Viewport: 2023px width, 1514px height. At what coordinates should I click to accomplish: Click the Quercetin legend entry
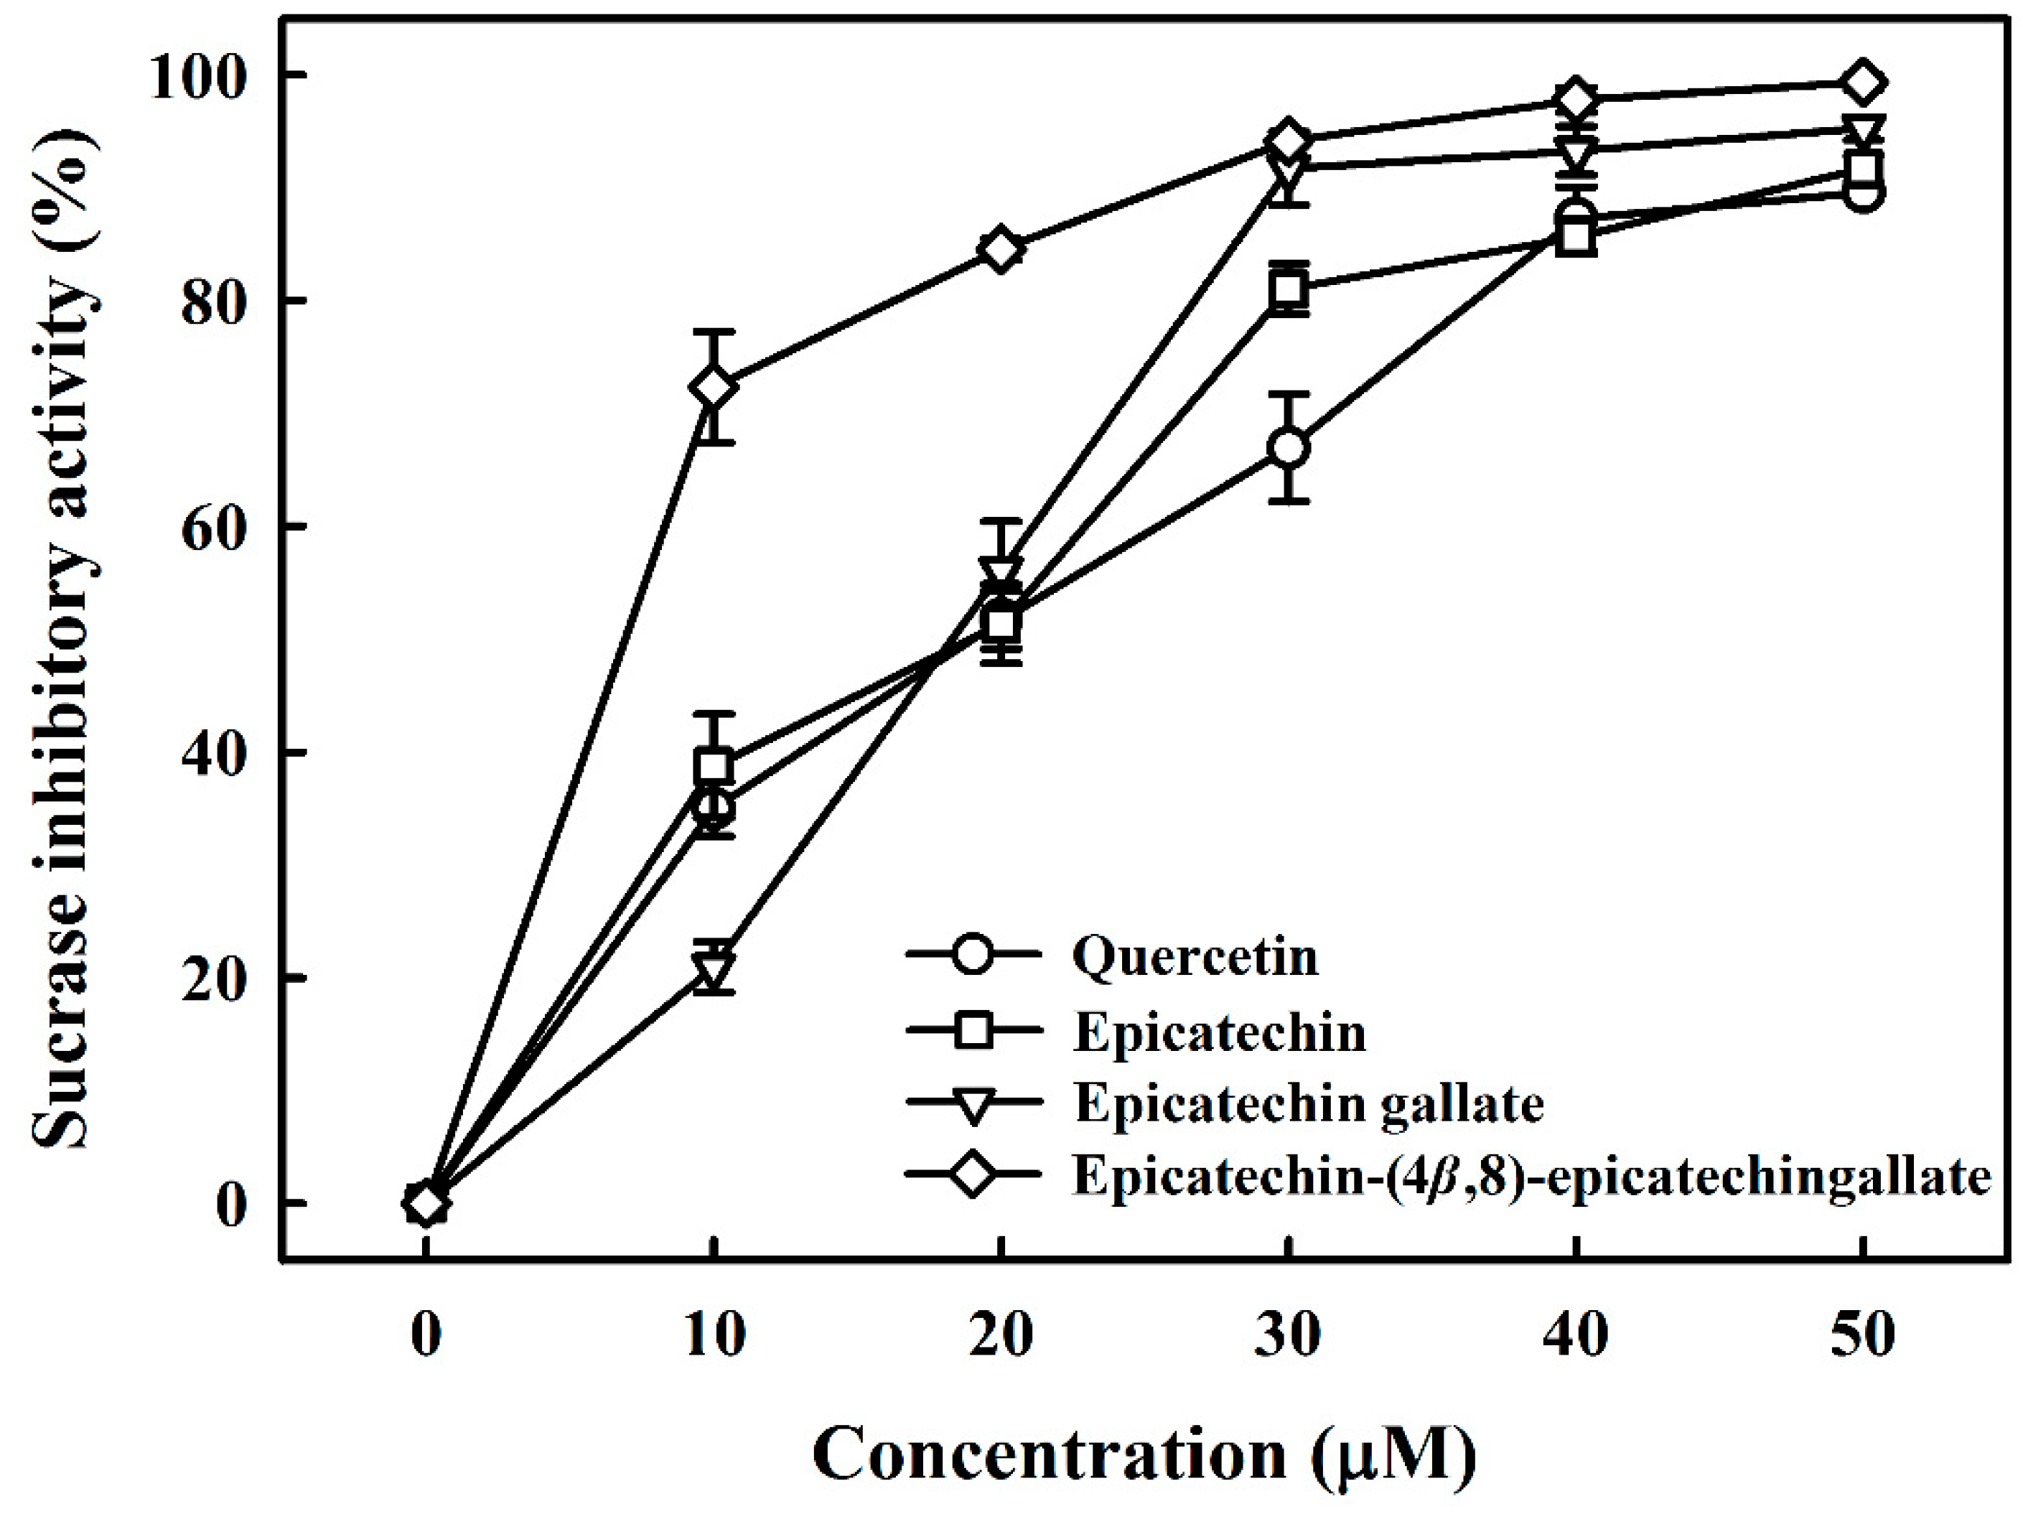1195,957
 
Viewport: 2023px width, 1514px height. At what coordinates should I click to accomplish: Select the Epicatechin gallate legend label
1309,1103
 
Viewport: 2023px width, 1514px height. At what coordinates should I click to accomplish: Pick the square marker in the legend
973,1030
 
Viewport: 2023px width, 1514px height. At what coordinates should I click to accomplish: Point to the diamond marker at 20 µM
1001,250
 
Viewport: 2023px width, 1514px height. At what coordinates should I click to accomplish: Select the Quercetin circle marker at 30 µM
1289,448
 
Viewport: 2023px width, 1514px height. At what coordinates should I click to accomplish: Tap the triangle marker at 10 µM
714,968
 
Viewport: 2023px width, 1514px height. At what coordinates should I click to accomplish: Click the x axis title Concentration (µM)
1143,1453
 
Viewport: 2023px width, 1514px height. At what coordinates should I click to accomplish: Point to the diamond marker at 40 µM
1576,99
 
